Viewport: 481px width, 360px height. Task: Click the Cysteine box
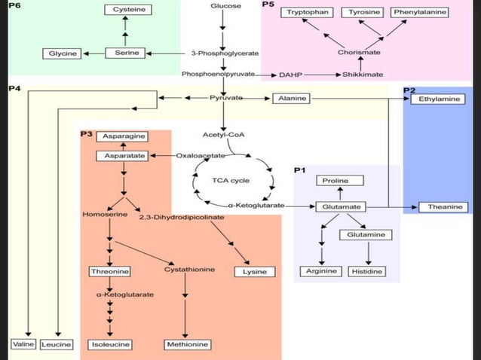125,10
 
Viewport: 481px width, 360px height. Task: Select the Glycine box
63,54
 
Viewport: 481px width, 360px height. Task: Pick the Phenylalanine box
421,13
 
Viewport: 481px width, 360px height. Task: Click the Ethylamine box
437,99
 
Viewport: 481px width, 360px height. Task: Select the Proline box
341,181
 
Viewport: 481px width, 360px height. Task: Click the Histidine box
367,271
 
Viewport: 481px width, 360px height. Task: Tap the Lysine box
255,271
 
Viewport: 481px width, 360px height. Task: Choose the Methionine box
186,344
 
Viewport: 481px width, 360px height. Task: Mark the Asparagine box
124,136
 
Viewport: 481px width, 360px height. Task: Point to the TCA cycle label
231,181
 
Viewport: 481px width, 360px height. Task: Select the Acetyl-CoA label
223,135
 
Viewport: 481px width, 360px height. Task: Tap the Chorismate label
360,53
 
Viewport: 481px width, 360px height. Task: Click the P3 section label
86,134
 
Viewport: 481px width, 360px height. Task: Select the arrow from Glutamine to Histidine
367,252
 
